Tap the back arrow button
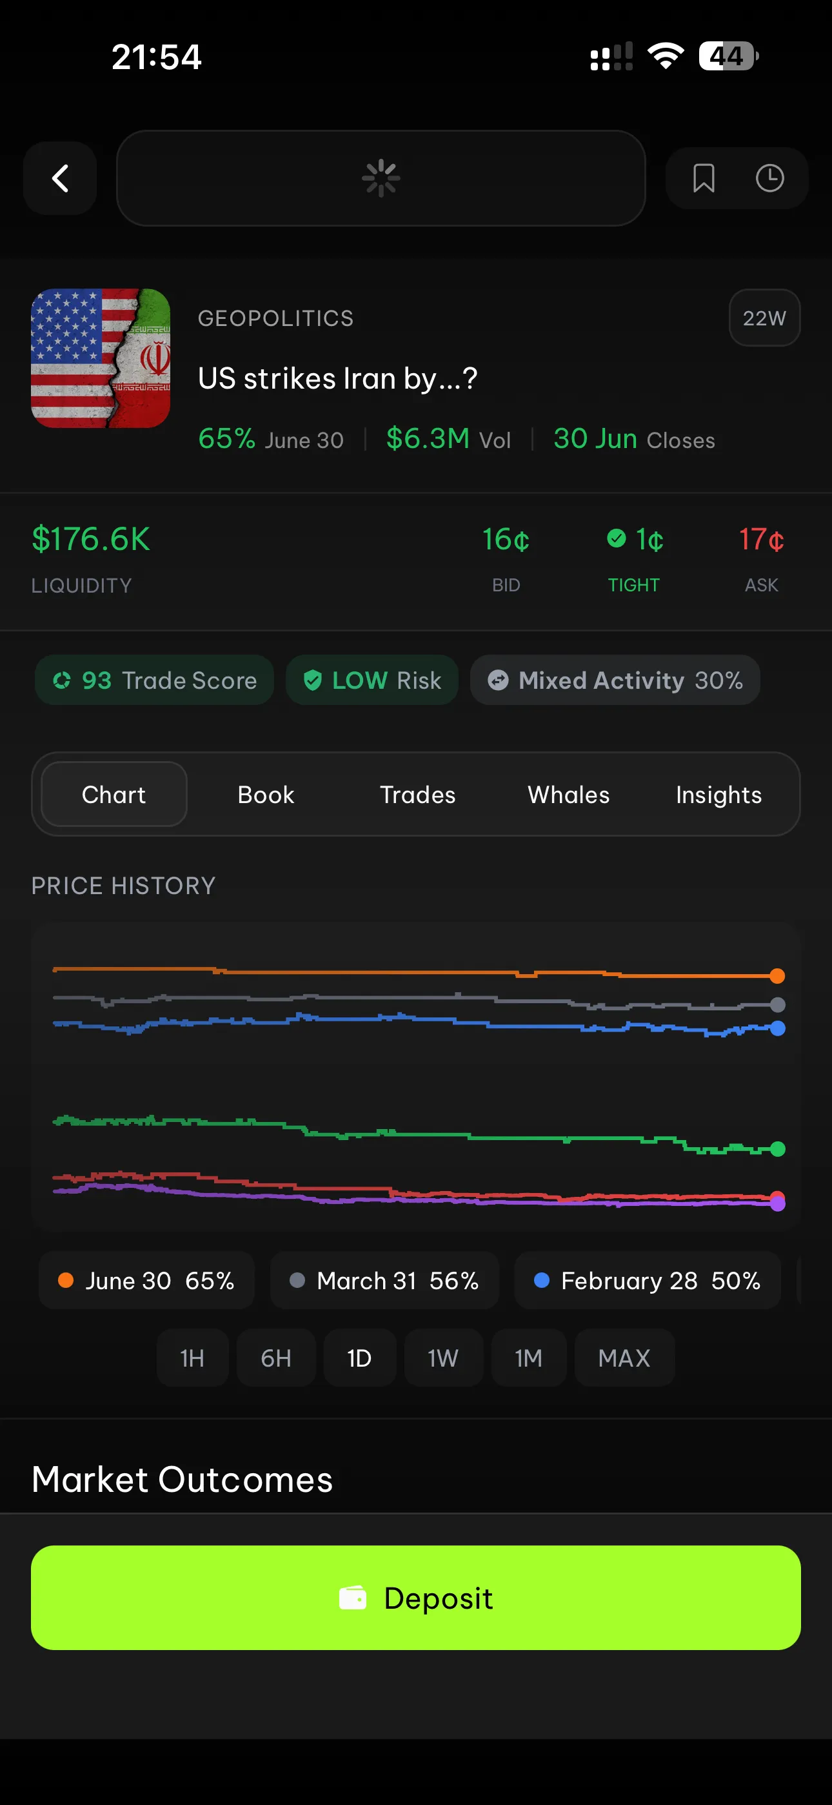[x=60, y=178]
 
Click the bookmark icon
[x=703, y=178]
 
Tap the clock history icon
[x=769, y=178]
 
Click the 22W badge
[x=764, y=318]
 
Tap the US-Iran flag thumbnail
[x=101, y=358]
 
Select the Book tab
[x=266, y=795]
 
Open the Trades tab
[x=417, y=795]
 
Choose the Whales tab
[x=568, y=795]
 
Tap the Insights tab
[x=718, y=795]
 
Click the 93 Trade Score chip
[x=155, y=680]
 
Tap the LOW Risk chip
[x=372, y=680]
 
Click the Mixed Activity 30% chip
[x=615, y=680]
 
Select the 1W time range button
[x=442, y=1358]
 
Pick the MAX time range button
[x=624, y=1358]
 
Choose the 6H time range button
[x=276, y=1358]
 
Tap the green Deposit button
[x=416, y=1598]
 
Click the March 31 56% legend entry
[x=384, y=1281]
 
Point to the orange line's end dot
[x=777, y=976]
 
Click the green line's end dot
[x=777, y=1149]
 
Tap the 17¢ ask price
[x=761, y=540]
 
